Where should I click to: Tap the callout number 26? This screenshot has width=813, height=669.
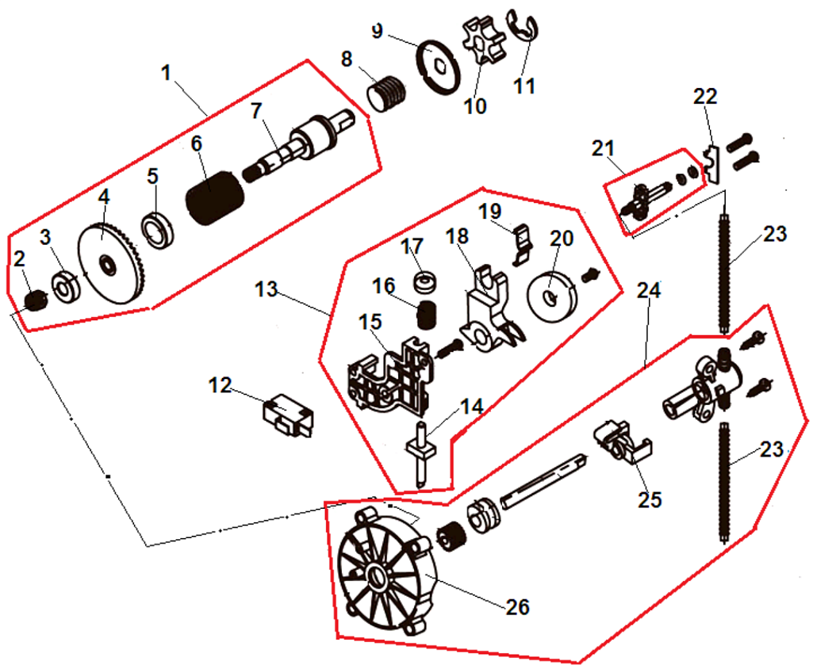click(x=519, y=608)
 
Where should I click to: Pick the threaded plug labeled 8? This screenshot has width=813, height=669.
click(x=386, y=94)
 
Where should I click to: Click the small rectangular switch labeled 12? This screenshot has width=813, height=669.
click(x=287, y=415)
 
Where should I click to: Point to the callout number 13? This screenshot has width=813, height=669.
click(x=267, y=289)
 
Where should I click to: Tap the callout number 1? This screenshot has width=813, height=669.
click(x=166, y=73)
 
